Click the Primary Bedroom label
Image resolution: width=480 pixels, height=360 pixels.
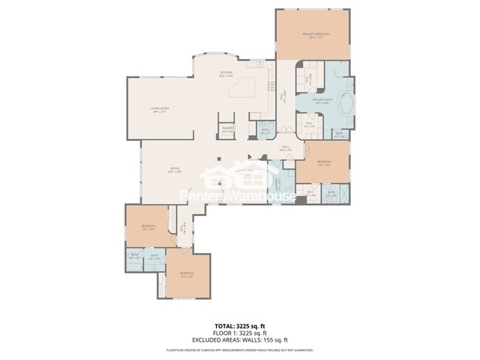(x=315, y=35)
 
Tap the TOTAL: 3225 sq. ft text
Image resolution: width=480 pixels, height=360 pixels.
(x=240, y=325)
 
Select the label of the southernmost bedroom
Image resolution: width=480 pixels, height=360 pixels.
(x=186, y=274)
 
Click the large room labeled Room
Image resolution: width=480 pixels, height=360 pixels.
(x=175, y=170)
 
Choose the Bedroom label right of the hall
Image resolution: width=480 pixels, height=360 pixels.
(x=324, y=163)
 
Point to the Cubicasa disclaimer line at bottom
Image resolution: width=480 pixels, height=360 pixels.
(x=240, y=350)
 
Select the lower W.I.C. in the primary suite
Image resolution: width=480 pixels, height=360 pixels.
(x=309, y=125)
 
